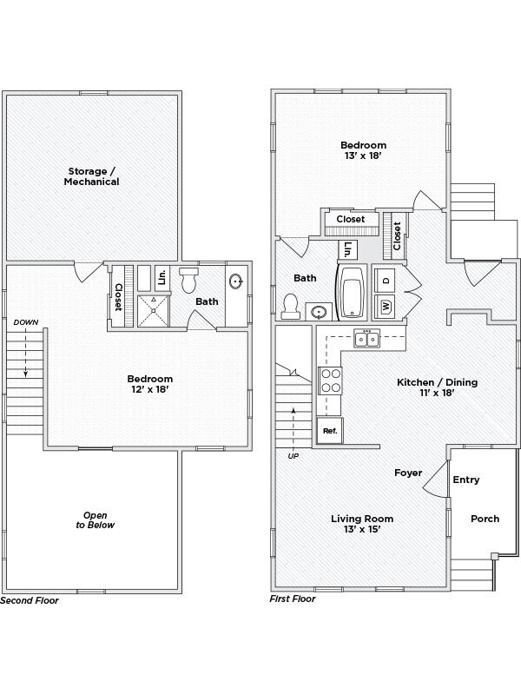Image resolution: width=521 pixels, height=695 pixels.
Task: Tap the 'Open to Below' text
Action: coord(94,519)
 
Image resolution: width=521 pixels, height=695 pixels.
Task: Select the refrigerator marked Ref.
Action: coord(330,430)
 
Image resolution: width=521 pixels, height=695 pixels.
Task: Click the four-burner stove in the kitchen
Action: coord(331,381)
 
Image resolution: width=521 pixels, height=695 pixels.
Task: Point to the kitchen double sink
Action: coord(366,338)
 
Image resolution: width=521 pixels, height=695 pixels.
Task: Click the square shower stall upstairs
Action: coord(153,310)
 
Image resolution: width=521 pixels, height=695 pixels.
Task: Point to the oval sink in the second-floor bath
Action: coord(235,281)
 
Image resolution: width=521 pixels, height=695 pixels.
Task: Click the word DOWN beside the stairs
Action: coord(26,322)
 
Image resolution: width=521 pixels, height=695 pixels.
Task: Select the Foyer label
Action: coord(408,473)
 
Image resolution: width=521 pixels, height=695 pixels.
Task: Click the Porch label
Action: coord(485,519)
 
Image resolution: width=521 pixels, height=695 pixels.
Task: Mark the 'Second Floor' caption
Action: coord(29,600)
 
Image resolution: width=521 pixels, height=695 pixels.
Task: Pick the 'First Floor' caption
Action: coord(293,599)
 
